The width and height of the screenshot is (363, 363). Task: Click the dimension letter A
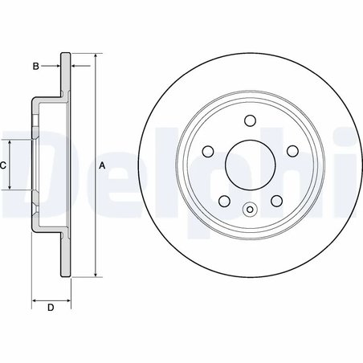(x=101, y=165)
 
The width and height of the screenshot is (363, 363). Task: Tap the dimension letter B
(x=35, y=66)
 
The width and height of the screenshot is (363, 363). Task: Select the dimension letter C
(x=4, y=165)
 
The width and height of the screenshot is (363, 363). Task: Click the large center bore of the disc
(x=249, y=165)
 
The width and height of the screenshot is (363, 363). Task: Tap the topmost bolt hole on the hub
(x=249, y=121)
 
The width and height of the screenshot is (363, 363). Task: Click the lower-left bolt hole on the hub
(x=223, y=202)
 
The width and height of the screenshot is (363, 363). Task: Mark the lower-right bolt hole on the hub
(x=275, y=202)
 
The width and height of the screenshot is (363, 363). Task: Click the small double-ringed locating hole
(x=249, y=212)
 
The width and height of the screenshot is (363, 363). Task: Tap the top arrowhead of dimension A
(x=96, y=57)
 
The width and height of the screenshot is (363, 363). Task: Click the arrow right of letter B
(x=76, y=66)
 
